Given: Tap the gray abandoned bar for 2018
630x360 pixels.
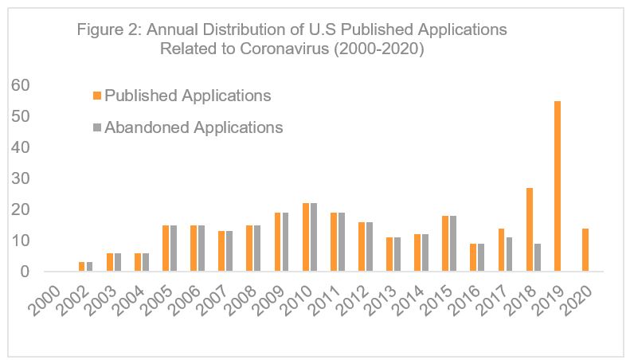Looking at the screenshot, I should tap(537, 257).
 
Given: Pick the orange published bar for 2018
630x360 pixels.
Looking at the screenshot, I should tap(529, 229).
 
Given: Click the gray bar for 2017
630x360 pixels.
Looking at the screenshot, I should tap(509, 254).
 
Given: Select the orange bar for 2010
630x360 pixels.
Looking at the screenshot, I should tap(306, 237).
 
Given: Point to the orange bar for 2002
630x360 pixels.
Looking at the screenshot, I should tap(81, 267).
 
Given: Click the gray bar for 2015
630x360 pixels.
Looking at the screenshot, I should tap(453, 244).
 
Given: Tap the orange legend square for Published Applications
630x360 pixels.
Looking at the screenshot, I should tap(98, 96).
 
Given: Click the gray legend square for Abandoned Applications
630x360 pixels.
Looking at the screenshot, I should tap(98, 127).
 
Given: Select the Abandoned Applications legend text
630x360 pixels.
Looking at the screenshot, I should tap(194, 127).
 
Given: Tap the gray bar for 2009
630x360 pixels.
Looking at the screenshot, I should tap(285, 242).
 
